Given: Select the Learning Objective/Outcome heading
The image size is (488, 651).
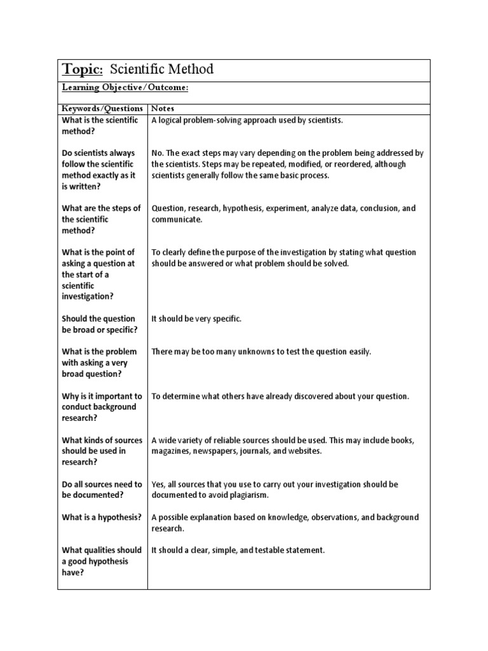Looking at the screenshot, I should (125, 88).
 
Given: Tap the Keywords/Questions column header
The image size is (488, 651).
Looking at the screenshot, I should (102, 109).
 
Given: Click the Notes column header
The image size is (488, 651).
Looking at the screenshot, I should (163, 109).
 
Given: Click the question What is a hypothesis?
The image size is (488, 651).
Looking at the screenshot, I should (102, 517).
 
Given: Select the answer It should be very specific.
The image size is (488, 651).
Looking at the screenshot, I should (196, 319).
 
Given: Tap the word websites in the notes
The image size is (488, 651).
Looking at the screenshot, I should (304, 451).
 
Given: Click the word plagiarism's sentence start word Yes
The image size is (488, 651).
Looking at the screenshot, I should (158, 484).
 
